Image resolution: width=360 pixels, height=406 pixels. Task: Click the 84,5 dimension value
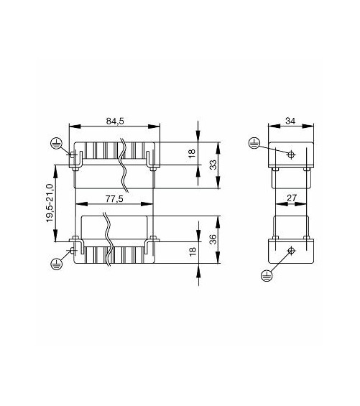[115, 121]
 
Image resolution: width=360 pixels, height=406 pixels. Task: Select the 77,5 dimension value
[114, 199]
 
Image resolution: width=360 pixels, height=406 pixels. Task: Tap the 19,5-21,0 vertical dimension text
[50, 203]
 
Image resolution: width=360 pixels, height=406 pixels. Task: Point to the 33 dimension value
[213, 165]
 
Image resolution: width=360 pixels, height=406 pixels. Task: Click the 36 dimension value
[213, 239]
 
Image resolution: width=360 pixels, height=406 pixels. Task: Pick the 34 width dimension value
[290, 121]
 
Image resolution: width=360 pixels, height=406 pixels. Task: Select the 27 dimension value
[292, 198]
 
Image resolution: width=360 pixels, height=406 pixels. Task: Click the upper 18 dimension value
[192, 154]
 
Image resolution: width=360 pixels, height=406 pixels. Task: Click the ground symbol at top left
[55, 143]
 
